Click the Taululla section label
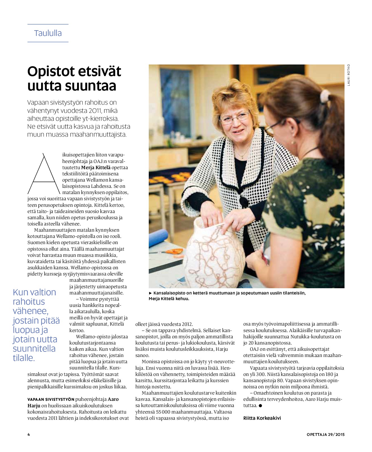[x=48, y=33]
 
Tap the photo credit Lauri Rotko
[x=349, y=75]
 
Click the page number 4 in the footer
[x=29, y=434]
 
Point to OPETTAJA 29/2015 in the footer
[x=326, y=434]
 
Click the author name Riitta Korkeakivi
[x=262, y=418]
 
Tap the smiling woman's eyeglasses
[x=235, y=117]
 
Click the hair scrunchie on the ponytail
[x=325, y=97]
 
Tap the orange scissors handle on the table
[x=174, y=251]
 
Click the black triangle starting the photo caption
[x=150, y=293]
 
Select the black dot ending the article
[x=260, y=405]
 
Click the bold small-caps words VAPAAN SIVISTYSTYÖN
[x=51, y=399]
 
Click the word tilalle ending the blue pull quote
[x=24, y=358]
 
